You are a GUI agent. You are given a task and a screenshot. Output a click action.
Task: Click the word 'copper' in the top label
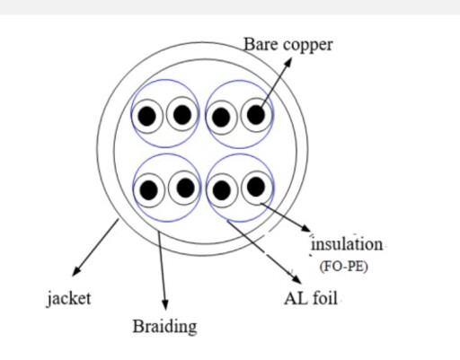pyautogui.click(x=307, y=46)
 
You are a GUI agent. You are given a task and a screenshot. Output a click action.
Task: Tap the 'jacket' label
pyautogui.click(x=68, y=299)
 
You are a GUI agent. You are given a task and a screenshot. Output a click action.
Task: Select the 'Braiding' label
pyautogui.click(x=164, y=327)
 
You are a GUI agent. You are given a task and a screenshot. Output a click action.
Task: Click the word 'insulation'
pyautogui.click(x=347, y=244)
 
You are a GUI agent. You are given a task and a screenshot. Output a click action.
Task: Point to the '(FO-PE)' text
pyautogui.click(x=344, y=267)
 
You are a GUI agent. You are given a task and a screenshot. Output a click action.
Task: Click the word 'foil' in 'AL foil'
pyautogui.click(x=325, y=298)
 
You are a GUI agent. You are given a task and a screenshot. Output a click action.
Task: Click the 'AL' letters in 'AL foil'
pyautogui.click(x=296, y=299)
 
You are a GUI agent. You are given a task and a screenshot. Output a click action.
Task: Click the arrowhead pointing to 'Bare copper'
pyautogui.click(x=287, y=62)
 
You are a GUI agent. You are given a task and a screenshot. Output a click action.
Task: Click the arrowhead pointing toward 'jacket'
pyautogui.click(x=76, y=271)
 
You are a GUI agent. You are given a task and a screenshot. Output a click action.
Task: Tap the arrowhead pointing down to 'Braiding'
pyautogui.click(x=165, y=305)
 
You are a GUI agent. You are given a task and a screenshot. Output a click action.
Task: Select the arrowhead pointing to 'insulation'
pyautogui.click(x=306, y=228)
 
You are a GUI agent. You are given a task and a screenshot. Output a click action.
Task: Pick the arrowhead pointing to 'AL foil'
pyautogui.click(x=296, y=279)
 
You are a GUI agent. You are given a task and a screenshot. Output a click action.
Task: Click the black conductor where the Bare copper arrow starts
pyautogui.click(x=256, y=114)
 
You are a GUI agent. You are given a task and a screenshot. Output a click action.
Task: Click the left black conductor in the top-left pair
pyautogui.click(x=146, y=116)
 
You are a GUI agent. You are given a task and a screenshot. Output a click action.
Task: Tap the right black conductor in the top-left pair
pyautogui.click(x=182, y=115)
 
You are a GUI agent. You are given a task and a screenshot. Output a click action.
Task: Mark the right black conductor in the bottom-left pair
pyautogui.click(x=185, y=188)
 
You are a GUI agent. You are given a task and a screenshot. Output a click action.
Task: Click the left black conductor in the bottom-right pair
pyautogui.click(x=221, y=190)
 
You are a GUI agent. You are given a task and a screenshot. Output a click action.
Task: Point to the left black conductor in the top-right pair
pyautogui.click(x=221, y=118)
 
